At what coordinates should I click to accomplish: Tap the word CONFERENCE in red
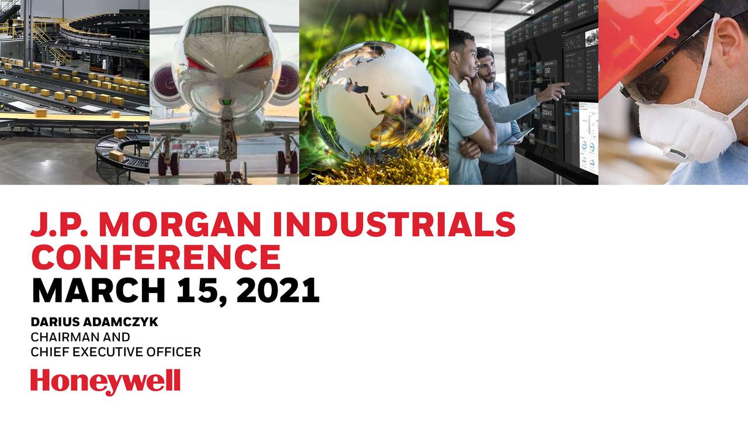(156, 257)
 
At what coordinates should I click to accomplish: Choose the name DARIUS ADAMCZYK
(94, 322)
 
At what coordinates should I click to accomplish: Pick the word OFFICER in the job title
(175, 352)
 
